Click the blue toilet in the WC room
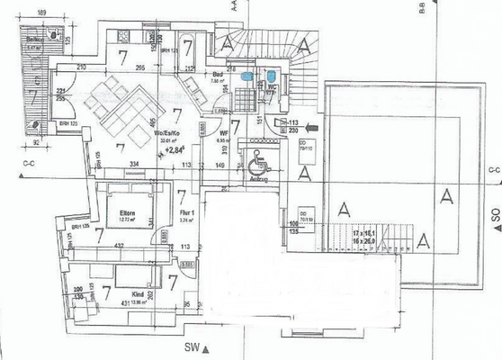tap(270, 76)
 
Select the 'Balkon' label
tap(35, 41)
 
